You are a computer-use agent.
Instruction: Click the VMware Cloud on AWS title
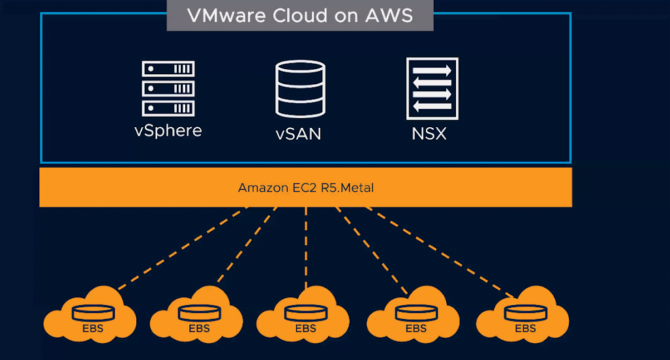pyautogui.click(x=300, y=16)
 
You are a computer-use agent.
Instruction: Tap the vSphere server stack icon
pyautogui.click(x=168, y=89)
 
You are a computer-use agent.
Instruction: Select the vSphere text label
pyautogui.click(x=168, y=131)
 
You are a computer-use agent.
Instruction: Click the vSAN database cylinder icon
pyautogui.click(x=300, y=89)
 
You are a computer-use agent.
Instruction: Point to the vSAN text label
pyautogui.click(x=298, y=134)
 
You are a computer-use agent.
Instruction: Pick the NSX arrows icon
pyautogui.click(x=433, y=89)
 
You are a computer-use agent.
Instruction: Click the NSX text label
pyautogui.click(x=429, y=134)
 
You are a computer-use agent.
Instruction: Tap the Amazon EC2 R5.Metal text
pyautogui.click(x=306, y=187)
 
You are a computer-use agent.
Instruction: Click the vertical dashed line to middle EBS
pyautogui.click(x=306, y=248)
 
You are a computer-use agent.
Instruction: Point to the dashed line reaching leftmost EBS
pyautogui.click(x=183, y=248)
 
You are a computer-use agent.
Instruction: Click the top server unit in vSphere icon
pyautogui.click(x=168, y=68)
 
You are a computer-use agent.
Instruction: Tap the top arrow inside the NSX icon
pyautogui.click(x=432, y=70)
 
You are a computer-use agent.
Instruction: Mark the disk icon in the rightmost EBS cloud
pyautogui.click(x=526, y=313)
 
